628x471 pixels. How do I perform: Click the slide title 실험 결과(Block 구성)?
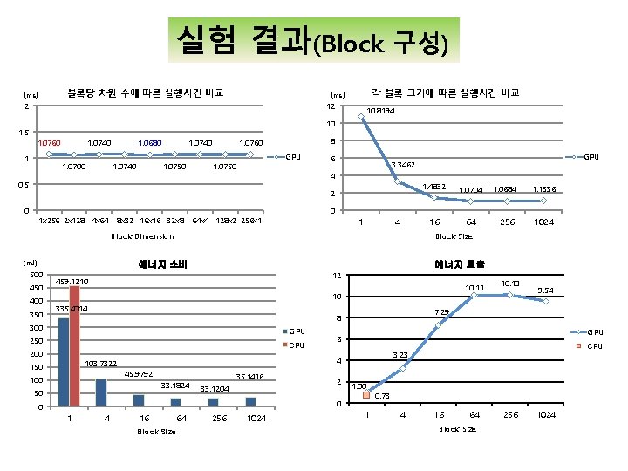313,39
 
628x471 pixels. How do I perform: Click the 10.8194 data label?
380,111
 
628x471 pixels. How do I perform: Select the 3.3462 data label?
403,164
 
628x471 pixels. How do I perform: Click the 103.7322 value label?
102,363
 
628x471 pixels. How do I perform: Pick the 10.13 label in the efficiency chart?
511,283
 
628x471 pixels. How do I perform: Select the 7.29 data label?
442,312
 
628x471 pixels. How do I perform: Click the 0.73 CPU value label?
382,396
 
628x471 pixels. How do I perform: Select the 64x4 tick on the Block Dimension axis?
201,219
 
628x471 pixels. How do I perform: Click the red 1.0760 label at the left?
47,141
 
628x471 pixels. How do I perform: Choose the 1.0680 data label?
149,141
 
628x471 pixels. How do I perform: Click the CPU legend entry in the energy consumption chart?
297,346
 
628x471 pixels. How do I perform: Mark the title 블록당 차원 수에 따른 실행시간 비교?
147,92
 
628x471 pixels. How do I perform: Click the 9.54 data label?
547,290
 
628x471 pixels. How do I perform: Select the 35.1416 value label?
249,377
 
